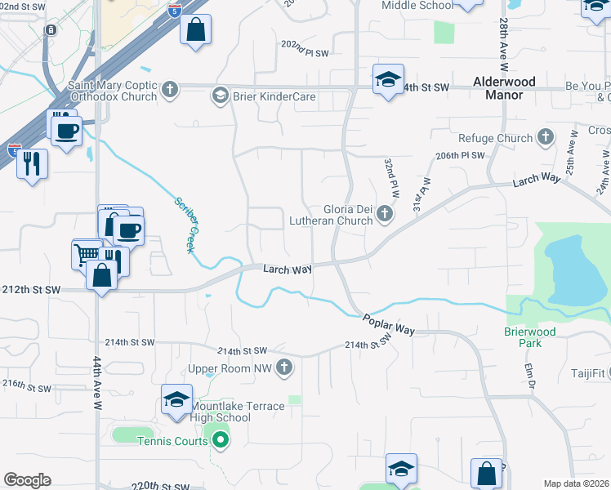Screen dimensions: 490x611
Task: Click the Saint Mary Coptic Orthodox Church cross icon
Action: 170,89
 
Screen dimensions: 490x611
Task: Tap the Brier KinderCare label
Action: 273,96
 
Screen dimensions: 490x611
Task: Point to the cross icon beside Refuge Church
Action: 544,138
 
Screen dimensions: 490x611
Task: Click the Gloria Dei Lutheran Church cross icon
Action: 384,215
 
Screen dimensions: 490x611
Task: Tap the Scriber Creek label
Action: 183,225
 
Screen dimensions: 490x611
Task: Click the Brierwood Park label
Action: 529,337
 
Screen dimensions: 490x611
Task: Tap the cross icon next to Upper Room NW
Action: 284,368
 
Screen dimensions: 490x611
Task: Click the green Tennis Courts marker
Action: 219,442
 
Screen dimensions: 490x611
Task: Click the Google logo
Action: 27,480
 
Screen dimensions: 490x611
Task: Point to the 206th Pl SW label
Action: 461,155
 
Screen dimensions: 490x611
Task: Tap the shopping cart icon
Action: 87,256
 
